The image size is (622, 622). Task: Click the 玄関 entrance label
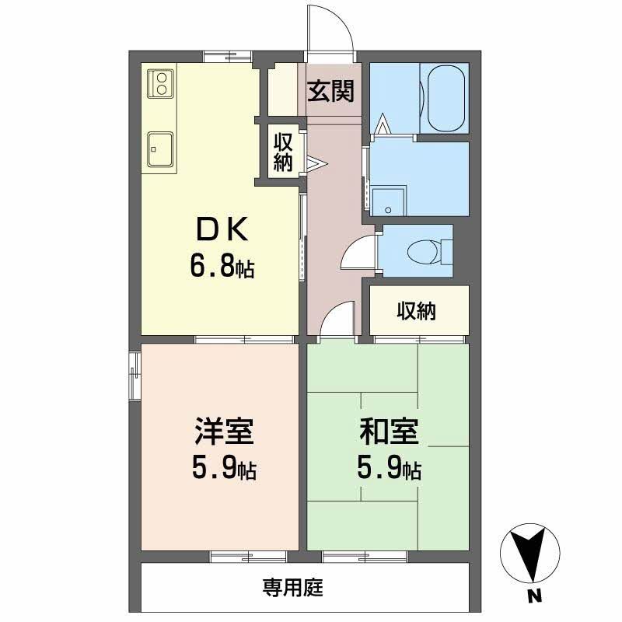330,92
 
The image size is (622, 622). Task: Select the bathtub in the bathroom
443,98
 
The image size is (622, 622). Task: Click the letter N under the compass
533,599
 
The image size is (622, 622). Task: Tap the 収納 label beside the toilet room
417,312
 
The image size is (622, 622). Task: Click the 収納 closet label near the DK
282,152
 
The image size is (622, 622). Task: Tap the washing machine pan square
389,201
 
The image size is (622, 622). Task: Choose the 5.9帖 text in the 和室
389,470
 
